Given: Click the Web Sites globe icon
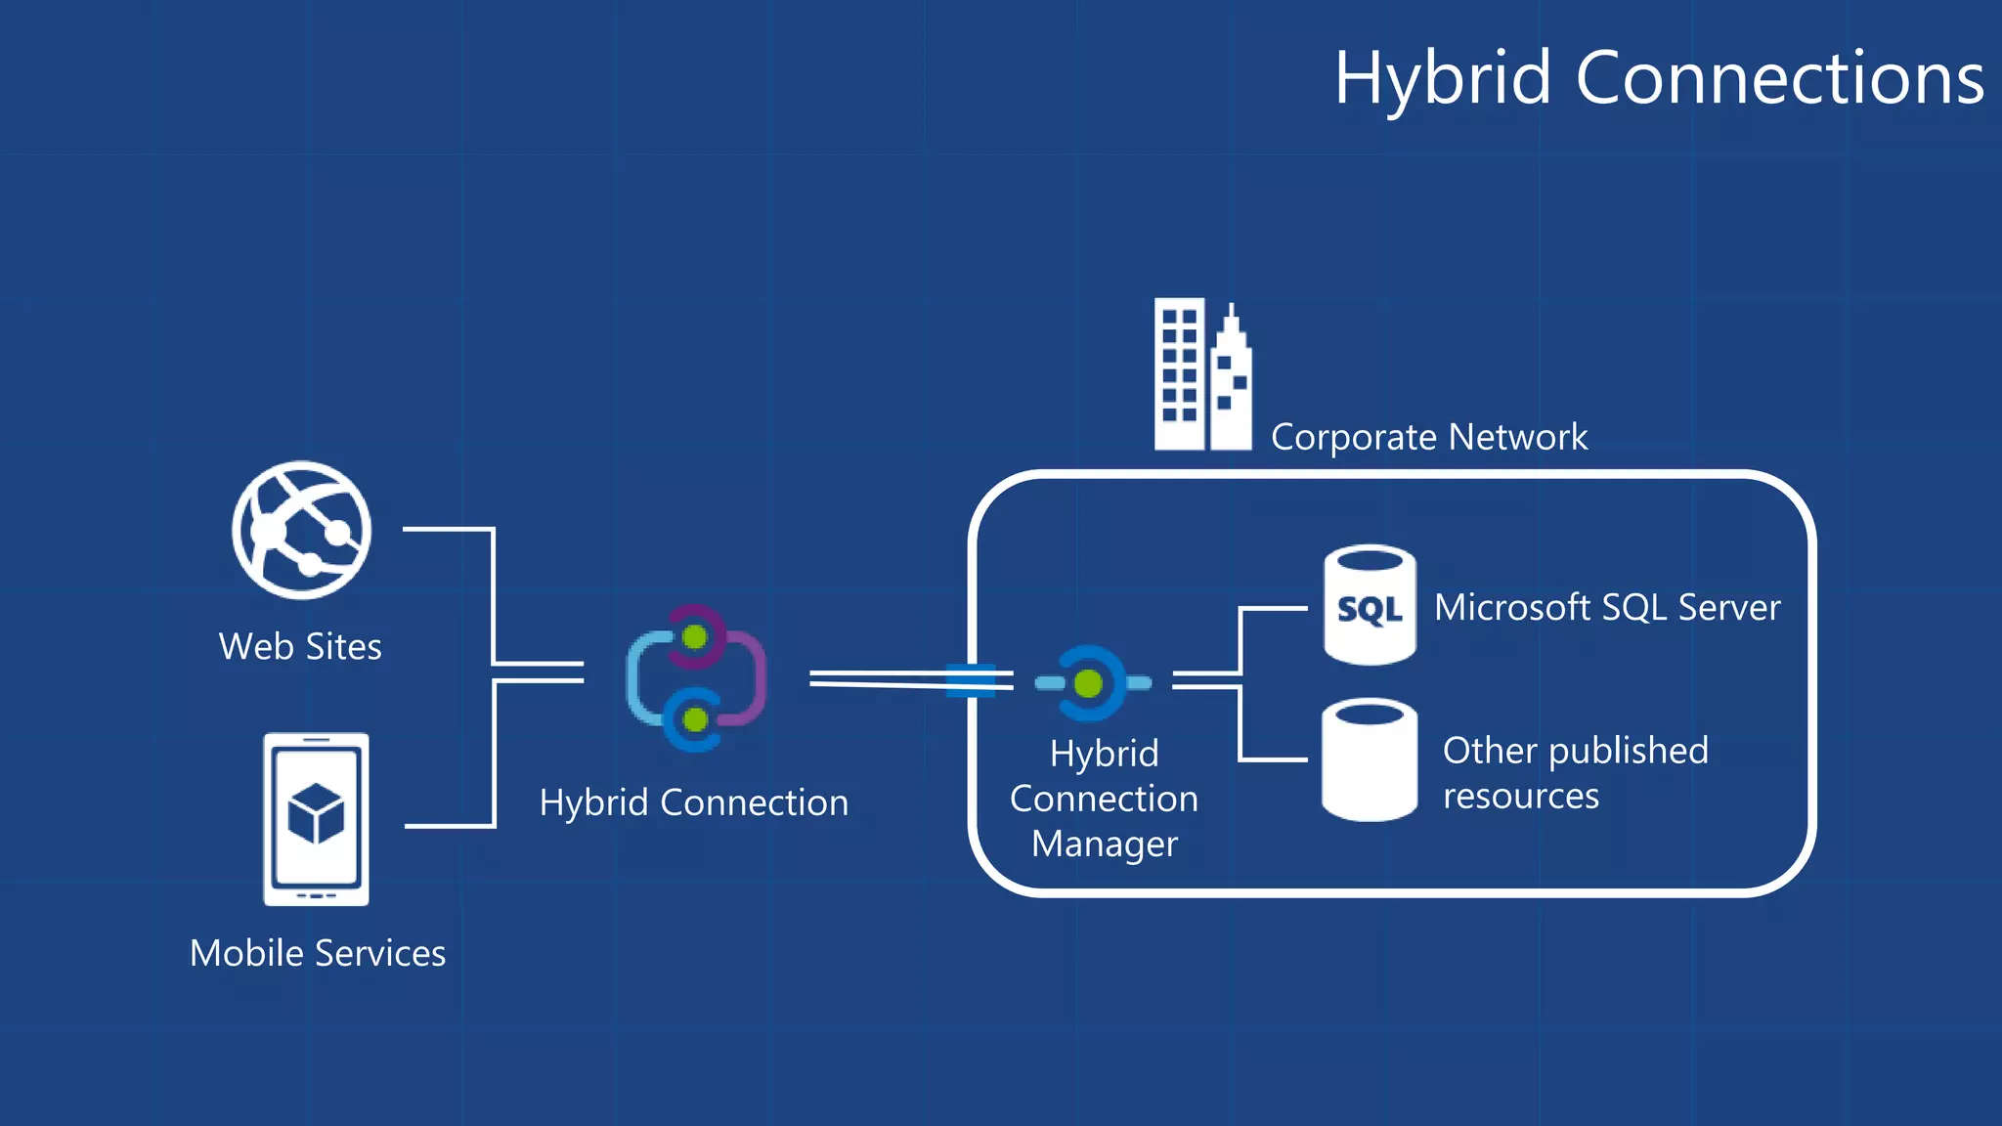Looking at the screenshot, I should pos(301,531).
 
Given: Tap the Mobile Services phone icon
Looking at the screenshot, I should pos(316,819).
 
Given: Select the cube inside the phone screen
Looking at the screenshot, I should pos(316,812).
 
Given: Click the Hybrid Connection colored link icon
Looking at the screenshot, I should pos(695,678).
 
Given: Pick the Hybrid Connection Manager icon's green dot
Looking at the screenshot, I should pos(1088,683).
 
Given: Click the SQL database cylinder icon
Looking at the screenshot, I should pos(1370,605).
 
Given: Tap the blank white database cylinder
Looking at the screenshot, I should pos(1370,760).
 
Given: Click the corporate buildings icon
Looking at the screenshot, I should pos(1202,375).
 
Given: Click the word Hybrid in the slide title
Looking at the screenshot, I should pos(1443,78).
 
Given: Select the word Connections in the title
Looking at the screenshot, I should pos(1780,78).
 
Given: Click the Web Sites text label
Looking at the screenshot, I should pos(300,647).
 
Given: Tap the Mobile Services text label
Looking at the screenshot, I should pos(318,953).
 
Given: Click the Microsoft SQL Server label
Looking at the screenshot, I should pos(1606,608).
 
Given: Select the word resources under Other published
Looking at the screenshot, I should pos(1521,797).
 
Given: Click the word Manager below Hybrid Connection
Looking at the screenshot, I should pos(1105,844).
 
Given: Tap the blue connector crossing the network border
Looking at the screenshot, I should pos(971,680).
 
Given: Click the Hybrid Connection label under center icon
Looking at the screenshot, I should pos(694,802).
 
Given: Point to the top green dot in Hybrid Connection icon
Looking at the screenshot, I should pos(695,637).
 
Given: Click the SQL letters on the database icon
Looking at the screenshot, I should pos(1370,610).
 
